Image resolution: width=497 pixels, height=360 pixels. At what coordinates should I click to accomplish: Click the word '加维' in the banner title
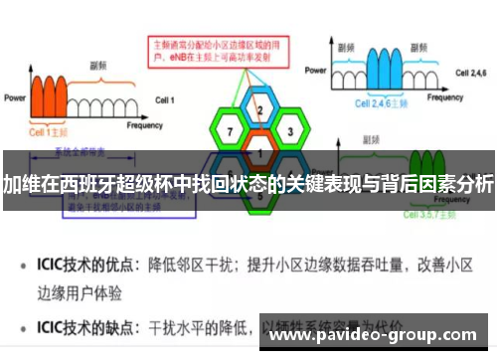(20, 183)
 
